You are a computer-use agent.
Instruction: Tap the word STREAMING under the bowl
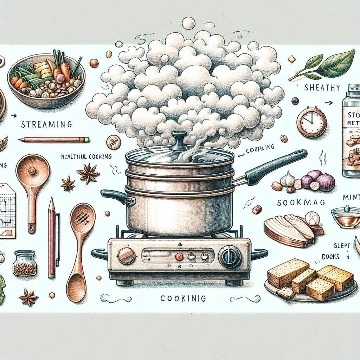click(46, 124)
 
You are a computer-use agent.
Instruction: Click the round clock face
click(311, 122)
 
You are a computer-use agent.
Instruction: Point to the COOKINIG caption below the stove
click(183, 298)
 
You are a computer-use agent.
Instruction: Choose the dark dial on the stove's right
click(230, 256)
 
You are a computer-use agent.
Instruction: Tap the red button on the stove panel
click(179, 256)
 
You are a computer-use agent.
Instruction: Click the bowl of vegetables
click(46, 81)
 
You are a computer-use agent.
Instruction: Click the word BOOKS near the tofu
click(330, 257)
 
